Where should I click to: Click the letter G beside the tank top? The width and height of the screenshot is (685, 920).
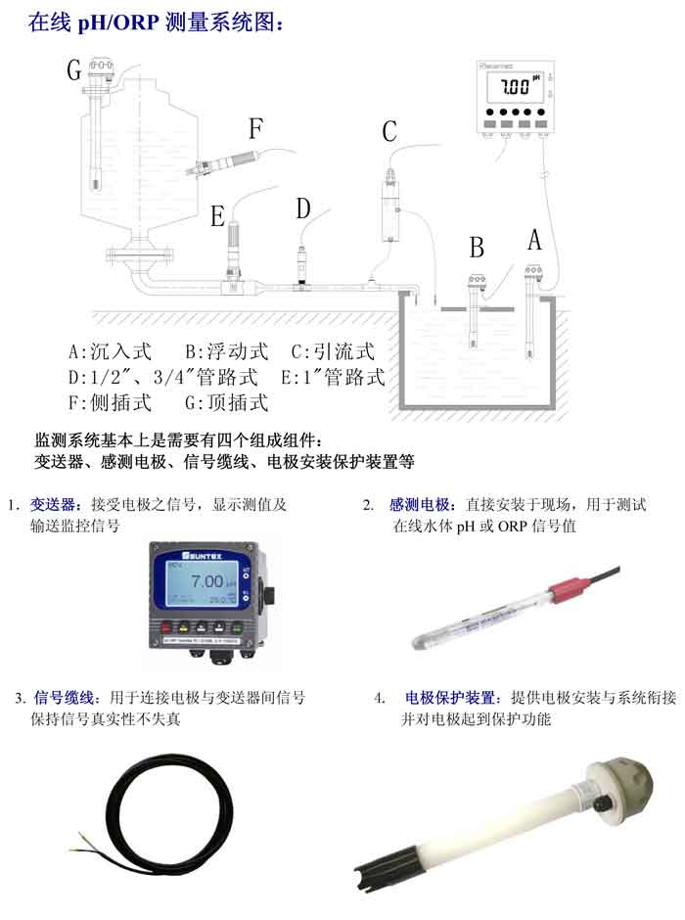pos(74,69)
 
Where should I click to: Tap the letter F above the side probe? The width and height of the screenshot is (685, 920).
pos(256,128)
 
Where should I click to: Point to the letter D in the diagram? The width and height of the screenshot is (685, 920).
pos(303,208)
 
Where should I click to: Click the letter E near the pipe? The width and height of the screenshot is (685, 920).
pos(218,216)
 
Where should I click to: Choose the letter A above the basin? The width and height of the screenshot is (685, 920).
pos(534,239)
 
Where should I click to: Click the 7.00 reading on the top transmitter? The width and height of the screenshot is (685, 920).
pos(514,88)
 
